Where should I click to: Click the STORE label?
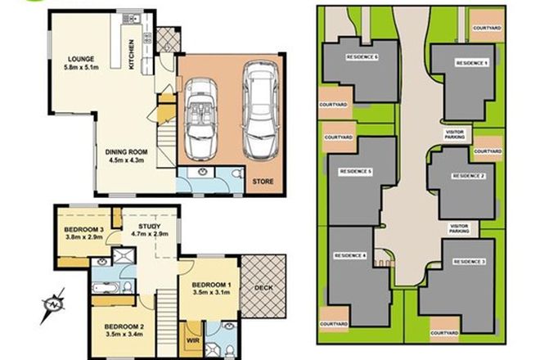pyautogui.click(x=262, y=181)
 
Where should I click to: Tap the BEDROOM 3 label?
pyautogui.click(x=84, y=230)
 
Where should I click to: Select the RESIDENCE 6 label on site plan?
pyautogui.click(x=362, y=57)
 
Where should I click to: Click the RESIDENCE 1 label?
pyautogui.click(x=471, y=63)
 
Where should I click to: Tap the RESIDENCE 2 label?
pyautogui.click(x=470, y=176)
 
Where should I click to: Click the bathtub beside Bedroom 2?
pyautogui.click(x=106, y=289)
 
